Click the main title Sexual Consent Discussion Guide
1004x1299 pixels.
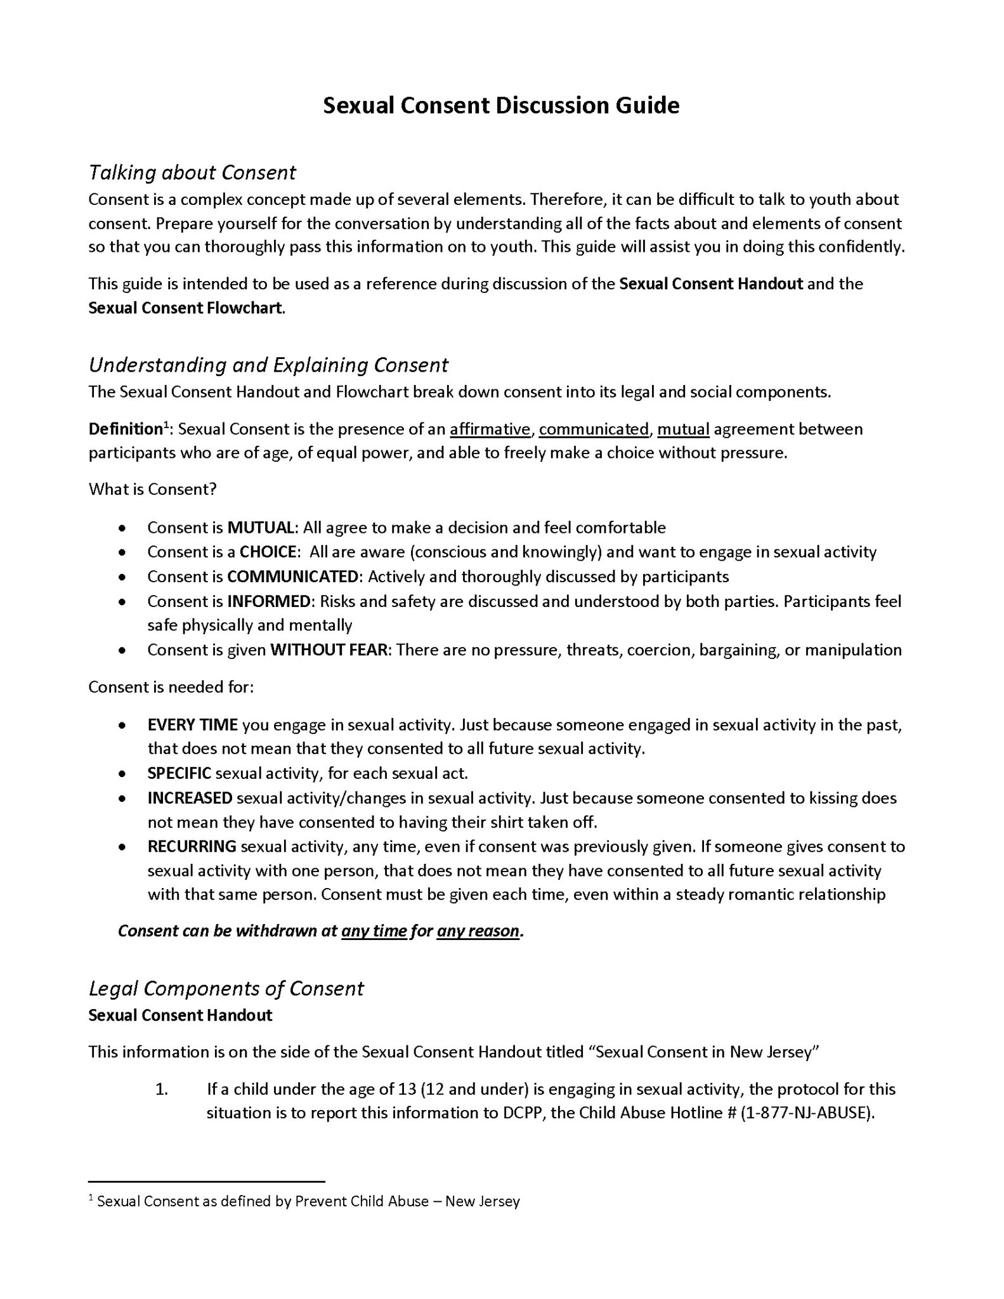coord(501,105)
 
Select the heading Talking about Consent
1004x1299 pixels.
coord(192,173)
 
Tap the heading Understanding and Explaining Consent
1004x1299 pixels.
coord(268,365)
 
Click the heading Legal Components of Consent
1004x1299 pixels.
coord(226,988)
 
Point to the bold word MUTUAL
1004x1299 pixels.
coord(261,528)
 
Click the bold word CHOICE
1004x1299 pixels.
coord(269,552)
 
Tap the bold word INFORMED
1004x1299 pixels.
coord(270,601)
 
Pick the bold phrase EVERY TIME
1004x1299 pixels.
coord(192,724)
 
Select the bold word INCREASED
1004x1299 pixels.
coord(190,797)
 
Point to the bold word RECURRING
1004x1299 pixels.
coord(192,846)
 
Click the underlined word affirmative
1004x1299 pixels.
coord(490,429)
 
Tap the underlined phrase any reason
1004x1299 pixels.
coord(478,931)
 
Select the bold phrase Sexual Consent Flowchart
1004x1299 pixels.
coord(185,308)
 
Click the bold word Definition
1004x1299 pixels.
coord(125,429)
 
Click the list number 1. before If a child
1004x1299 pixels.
coord(161,1089)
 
